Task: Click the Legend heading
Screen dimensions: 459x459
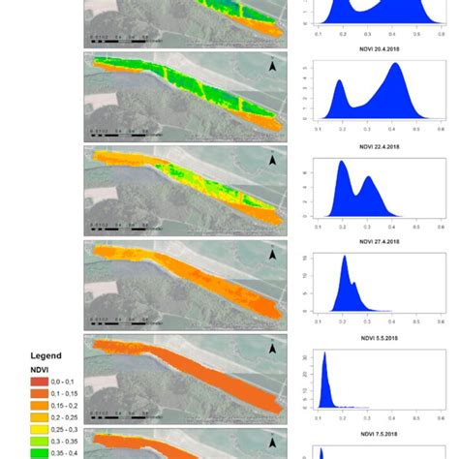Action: coord(46,355)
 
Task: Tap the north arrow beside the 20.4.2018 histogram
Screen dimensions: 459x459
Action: coord(272,69)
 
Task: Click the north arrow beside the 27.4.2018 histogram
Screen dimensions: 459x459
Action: coord(272,255)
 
